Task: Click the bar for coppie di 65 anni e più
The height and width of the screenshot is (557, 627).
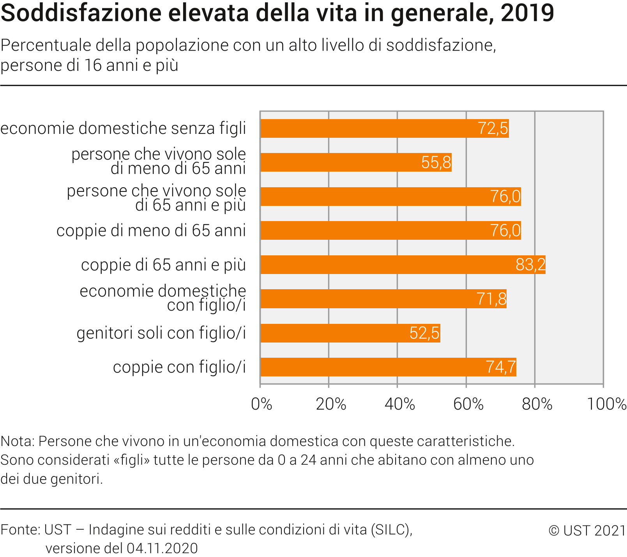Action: [x=403, y=265]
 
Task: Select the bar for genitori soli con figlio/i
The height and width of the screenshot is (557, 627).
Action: [x=350, y=333]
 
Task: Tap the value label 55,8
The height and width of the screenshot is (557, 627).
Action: [x=436, y=162]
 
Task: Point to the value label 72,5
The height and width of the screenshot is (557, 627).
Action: [x=493, y=128]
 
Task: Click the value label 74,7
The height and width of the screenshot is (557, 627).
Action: [x=501, y=367]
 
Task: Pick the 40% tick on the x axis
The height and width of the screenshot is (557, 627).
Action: [x=399, y=404]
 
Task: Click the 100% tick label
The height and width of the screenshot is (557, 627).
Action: [x=606, y=404]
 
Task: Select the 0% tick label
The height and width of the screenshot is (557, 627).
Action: [x=261, y=404]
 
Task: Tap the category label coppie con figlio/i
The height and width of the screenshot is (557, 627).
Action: [x=179, y=367]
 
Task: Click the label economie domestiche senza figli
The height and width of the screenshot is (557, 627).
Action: [x=123, y=128]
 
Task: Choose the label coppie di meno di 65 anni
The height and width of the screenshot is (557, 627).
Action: [x=151, y=230]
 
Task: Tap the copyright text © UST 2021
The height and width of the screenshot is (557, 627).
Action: [x=587, y=530]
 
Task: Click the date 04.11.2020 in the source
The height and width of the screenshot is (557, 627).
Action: [x=162, y=548]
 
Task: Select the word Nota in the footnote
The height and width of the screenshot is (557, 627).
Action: [x=17, y=441]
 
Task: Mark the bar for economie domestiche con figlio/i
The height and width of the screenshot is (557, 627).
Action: [x=383, y=299]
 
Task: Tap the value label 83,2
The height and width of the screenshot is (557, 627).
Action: [x=530, y=265]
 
